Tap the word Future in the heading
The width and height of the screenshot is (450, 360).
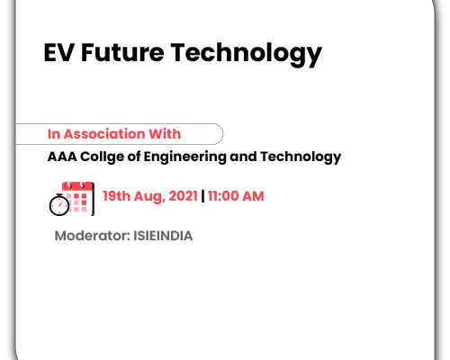(122, 53)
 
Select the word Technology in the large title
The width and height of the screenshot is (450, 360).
(247, 54)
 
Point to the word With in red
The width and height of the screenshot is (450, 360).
(165, 133)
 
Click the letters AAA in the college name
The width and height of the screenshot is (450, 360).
(62, 157)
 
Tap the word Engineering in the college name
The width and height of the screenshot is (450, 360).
(184, 157)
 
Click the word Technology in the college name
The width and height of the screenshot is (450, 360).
(301, 157)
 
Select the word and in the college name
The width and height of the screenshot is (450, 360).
(243, 157)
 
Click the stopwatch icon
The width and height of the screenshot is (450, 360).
(59, 205)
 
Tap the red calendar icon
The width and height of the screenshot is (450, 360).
(78, 198)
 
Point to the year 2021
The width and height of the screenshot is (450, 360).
(183, 196)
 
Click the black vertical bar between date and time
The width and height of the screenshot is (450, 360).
(202, 196)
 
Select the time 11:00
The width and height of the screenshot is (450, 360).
(223, 196)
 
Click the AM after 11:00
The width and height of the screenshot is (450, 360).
(253, 196)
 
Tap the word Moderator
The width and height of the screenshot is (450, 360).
(93, 236)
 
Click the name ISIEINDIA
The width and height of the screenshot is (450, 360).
(163, 236)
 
